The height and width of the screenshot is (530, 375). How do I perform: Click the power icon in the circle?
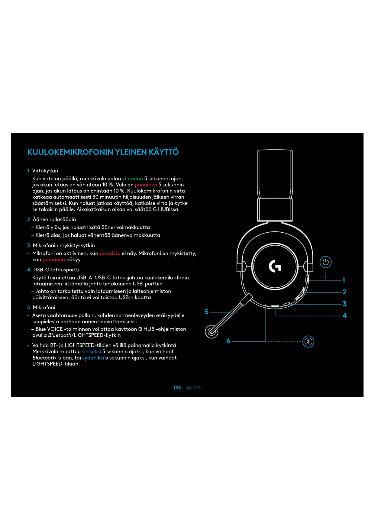(x=325, y=262)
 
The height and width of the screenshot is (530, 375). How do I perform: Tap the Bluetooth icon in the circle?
(x=308, y=342)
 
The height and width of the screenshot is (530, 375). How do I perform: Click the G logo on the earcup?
(x=275, y=266)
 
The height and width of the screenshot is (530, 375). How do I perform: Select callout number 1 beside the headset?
(x=344, y=280)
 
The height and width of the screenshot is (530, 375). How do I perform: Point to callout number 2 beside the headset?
(x=344, y=292)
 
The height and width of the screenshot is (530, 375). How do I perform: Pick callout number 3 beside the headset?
(x=344, y=304)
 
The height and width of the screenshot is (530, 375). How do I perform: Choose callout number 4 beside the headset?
(x=344, y=315)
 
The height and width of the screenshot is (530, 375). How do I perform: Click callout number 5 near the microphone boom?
(x=207, y=312)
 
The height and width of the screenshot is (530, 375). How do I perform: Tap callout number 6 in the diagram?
(x=228, y=341)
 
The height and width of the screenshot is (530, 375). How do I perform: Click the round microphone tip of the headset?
(x=212, y=331)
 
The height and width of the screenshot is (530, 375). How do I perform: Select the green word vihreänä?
(x=132, y=179)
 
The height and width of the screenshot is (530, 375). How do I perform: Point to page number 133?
(x=177, y=388)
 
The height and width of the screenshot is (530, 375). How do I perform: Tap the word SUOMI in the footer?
(x=194, y=388)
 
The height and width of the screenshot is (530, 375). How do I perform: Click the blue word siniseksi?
(x=91, y=351)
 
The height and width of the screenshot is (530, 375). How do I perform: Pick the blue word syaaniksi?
(x=93, y=358)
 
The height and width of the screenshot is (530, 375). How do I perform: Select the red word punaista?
(x=110, y=254)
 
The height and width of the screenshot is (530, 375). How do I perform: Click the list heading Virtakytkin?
(x=45, y=171)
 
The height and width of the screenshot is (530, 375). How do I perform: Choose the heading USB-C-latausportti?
(x=56, y=270)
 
